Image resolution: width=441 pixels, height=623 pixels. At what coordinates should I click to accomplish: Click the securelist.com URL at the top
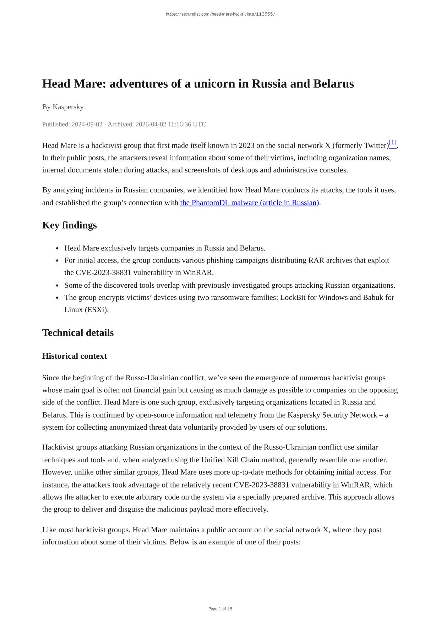(220, 14)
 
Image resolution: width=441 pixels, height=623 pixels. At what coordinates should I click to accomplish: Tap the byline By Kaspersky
(63, 107)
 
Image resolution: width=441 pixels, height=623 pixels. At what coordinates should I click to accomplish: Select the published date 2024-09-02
(87, 124)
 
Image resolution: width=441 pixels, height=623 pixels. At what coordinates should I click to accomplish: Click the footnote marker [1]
(392, 143)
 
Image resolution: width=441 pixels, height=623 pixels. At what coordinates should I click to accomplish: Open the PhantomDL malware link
(249, 203)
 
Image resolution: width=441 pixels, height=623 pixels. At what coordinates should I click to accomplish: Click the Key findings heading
(69, 225)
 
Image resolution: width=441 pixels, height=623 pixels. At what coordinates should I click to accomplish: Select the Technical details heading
(78, 333)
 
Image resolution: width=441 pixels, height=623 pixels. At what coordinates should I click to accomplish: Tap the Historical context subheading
(74, 356)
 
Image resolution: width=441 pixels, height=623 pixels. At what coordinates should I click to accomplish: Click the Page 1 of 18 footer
(220, 609)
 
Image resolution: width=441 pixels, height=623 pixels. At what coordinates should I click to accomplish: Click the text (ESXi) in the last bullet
(97, 310)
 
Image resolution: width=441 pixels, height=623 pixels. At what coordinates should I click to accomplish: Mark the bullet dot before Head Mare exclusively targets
(57, 248)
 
